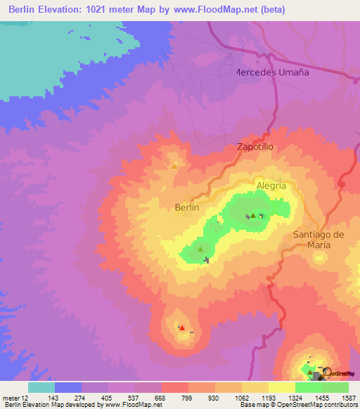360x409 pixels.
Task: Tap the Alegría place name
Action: click(x=271, y=186)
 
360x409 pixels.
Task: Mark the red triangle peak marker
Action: click(x=182, y=327)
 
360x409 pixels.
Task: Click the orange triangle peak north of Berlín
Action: click(x=174, y=166)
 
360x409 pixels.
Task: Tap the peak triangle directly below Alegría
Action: click(x=253, y=216)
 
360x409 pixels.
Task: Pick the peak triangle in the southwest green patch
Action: click(x=200, y=249)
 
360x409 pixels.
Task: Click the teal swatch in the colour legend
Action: click(x=41, y=387)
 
